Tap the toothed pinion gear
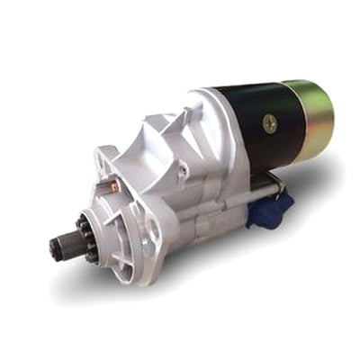(x=85, y=237)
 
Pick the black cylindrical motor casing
(x=256, y=126)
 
